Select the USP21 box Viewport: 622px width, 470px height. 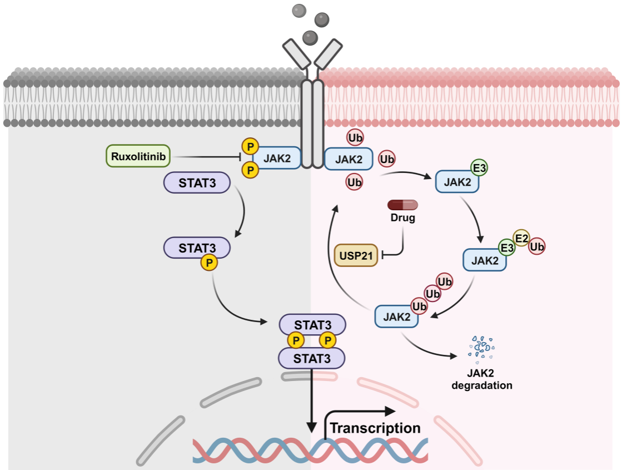click(x=356, y=255)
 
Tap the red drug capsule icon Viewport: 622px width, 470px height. click(x=403, y=204)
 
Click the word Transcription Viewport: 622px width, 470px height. click(x=376, y=428)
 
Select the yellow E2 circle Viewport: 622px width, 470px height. click(x=521, y=238)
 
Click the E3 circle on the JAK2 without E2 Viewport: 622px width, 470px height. click(x=479, y=168)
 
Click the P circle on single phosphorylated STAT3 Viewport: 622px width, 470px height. click(x=210, y=263)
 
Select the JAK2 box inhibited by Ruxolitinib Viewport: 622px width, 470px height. click(x=277, y=158)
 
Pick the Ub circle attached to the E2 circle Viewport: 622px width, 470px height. click(x=537, y=246)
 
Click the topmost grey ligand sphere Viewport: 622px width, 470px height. click(x=299, y=10)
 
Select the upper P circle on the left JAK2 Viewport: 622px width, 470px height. click(x=251, y=146)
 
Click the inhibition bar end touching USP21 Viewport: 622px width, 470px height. click(x=384, y=255)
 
